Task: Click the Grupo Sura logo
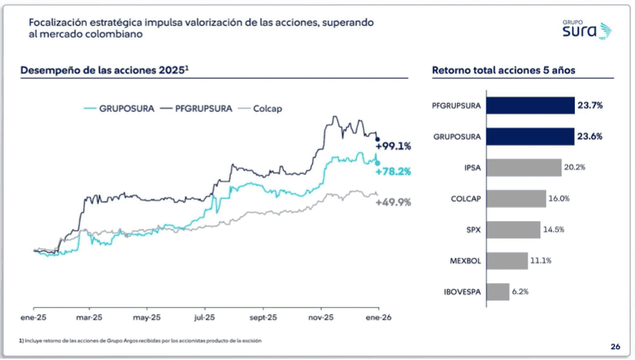[586, 29]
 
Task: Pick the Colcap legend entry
[263, 108]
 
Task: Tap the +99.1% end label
[393, 146]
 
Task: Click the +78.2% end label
[393, 171]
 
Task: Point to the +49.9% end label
[393, 202]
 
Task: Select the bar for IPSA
[524, 167]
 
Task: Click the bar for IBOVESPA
[498, 292]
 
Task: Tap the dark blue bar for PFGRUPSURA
[530, 105]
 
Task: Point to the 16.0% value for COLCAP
[560, 199]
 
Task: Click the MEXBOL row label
[465, 261]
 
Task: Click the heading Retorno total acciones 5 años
[503, 70]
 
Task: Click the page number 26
[615, 345]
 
